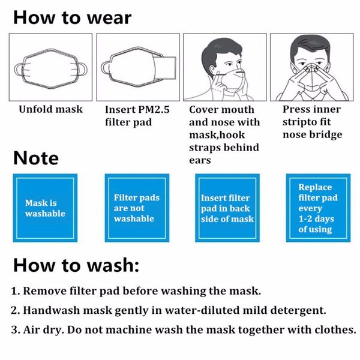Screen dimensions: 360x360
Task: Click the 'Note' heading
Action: click(36, 158)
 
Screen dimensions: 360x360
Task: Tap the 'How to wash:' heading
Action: click(76, 265)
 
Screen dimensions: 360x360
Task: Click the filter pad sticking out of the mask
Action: click(164, 66)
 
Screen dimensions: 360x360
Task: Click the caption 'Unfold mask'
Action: click(50, 110)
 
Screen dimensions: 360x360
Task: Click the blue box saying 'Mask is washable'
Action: click(45, 208)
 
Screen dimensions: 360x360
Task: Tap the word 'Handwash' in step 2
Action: click(52, 310)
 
